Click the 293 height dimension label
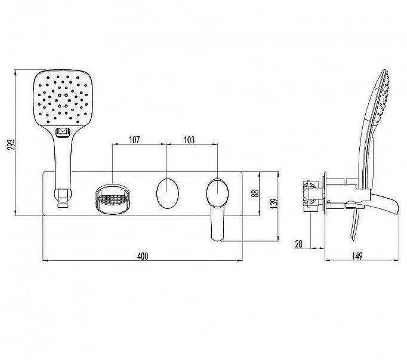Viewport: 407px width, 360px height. pos(11,144)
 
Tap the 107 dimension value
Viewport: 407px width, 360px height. pos(134,140)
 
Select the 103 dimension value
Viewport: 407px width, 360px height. pos(189,140)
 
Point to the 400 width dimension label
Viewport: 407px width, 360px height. pos(143,256)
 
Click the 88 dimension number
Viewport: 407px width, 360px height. pos(255,193)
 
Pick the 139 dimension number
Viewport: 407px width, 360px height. pos(274,204)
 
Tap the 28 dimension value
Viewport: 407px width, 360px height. pos(299,244)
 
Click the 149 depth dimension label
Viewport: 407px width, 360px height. pos(357,256)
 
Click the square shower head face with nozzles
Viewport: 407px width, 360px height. pos(63,98)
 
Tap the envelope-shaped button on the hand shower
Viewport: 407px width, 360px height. pos(62,132)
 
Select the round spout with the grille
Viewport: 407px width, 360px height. pos(112,199)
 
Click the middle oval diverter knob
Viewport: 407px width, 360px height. pos(168,193)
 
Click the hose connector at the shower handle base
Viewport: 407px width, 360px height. pos(63,198)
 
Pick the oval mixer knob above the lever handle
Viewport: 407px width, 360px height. pos(217,193)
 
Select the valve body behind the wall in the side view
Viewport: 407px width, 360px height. pos(312,195)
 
